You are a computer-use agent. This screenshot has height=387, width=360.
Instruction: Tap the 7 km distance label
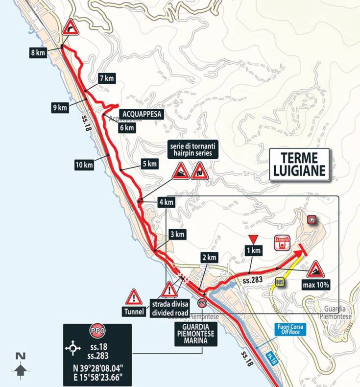pos(106,78)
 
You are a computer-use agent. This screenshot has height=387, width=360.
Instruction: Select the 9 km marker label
pos(60,108)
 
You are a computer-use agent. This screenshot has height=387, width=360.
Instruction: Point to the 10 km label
pos(84,165)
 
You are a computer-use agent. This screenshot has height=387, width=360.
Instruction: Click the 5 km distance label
pos(149,164)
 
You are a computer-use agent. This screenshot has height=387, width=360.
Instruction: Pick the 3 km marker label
pos(177,235)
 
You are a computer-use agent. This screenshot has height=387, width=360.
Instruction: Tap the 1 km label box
pos(254,251)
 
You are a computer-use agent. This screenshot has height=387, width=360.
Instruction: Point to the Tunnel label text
pos(134,312)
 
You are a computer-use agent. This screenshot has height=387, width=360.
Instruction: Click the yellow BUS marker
pos(280,283)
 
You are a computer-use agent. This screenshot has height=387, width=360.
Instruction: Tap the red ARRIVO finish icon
pos(283,242)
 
